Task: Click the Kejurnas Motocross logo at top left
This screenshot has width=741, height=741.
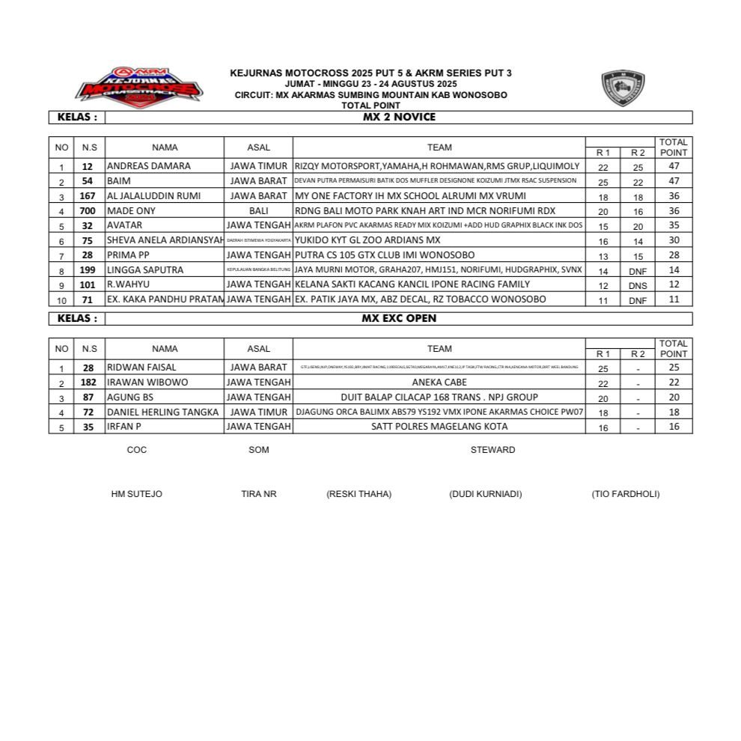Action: click(138, 86)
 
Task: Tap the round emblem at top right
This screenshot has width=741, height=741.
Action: click(623, 88)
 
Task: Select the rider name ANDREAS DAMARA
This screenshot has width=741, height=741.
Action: click(149, 166)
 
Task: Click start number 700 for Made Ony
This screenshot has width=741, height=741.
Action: click(88, 211)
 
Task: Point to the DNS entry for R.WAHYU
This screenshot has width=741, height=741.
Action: click(638, 285)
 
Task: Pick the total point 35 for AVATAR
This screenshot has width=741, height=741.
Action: click(674, 226)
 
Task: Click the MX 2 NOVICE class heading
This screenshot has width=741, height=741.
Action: click(398, 118)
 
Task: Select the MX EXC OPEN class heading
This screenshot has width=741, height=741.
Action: click(398, 318)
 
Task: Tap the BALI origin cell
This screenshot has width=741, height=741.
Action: click(258, 211)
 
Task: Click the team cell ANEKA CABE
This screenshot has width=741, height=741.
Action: click(439, 382)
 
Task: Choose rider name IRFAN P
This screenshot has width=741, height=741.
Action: click(124, 427)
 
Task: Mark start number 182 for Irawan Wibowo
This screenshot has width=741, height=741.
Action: click(88, 382)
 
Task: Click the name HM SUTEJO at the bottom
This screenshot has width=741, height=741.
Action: click(136, 494)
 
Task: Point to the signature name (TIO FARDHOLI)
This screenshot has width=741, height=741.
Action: click(626, 494)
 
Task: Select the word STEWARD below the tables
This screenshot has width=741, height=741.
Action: click(493, 450)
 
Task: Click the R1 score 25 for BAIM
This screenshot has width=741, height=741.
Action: click(603, 182)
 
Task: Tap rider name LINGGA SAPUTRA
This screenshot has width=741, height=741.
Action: click(145, 270)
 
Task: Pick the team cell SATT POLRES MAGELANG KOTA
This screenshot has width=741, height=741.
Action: click(439, 427)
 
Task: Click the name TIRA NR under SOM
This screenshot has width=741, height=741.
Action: click(259, 494)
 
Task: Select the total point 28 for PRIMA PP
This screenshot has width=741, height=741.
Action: click(674, 256)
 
